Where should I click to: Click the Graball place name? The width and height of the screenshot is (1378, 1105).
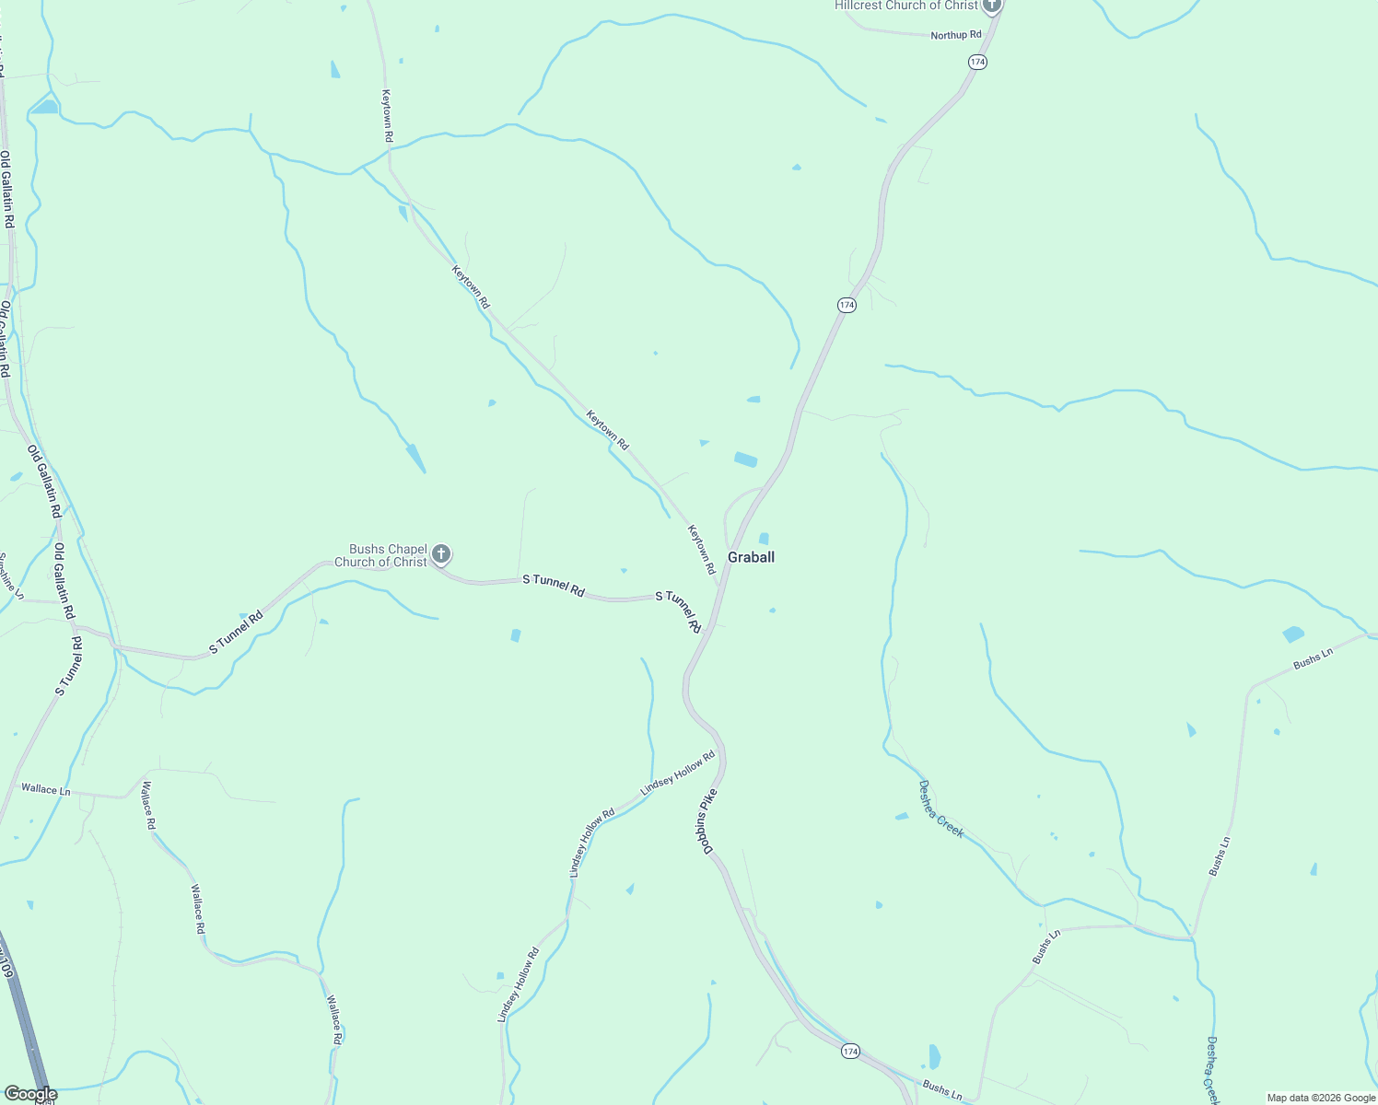tap(751, 557)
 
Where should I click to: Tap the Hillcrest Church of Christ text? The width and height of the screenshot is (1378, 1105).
tap(906, 6)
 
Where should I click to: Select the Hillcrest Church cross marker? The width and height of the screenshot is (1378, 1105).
tap(991, 6)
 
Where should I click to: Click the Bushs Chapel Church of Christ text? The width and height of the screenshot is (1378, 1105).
tap(380, 555)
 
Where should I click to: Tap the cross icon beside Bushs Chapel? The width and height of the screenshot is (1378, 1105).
tap(441, 554)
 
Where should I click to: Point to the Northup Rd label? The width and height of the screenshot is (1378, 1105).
tap(955, 35)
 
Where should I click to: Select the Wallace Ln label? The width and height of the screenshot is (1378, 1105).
tap(45, 789)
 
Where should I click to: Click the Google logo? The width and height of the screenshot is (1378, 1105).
tap(30, 1094)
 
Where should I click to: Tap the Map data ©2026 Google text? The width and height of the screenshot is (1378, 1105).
tap(1321, 1098)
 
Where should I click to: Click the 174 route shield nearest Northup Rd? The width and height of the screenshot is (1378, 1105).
tap(977, 62)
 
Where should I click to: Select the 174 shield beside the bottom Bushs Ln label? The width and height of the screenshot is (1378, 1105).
tap(850, 1051)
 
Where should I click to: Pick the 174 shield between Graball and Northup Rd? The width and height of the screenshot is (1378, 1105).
tap(847, 305)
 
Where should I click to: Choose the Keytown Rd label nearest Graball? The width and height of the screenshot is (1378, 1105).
tap(701, 550)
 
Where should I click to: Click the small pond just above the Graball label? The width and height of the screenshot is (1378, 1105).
tap(764, 539)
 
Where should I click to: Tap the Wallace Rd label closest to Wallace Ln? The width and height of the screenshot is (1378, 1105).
tap(148, 806)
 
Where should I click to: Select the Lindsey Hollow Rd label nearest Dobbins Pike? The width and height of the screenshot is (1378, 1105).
tap(678, 773)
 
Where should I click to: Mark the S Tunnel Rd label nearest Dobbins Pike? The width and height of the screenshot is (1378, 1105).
tap(679, 611)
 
